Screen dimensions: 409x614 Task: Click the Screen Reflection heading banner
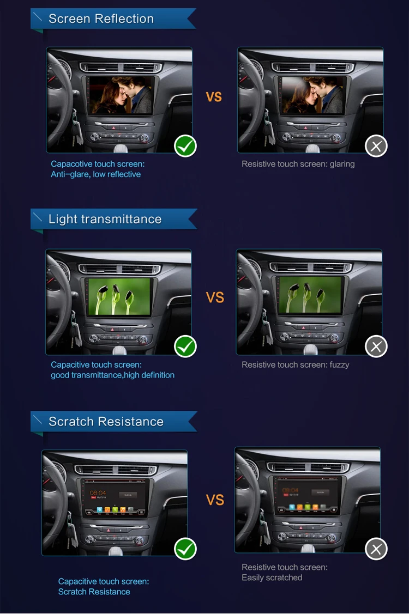(113, 19)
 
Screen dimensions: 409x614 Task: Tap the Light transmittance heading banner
(114, 219)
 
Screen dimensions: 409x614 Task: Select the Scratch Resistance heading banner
(114, 421)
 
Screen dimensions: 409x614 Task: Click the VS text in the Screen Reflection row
(214, 97)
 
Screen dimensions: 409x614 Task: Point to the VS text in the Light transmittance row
(215, 297)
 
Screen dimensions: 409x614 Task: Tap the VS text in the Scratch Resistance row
(215, 500)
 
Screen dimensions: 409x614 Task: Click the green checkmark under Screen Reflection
(185, 146)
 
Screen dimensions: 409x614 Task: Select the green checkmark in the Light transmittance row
(185, 346)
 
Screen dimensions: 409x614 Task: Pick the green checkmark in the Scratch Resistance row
(185, 549)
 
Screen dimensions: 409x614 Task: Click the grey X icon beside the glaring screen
(376, 146)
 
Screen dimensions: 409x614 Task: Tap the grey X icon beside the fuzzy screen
(376, 346)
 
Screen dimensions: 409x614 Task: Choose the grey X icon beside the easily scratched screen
(376, 549)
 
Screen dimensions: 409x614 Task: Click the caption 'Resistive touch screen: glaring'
(298, 164)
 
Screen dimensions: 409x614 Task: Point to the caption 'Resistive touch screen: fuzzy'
(295, 365)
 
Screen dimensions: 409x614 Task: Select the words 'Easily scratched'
(272, 577)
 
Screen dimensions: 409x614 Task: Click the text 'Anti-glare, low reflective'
(95, 174)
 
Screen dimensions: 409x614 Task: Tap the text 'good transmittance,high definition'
(112, 375)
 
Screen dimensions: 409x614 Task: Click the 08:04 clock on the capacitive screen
(98, 493)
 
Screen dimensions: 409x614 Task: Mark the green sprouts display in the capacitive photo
(119, 296)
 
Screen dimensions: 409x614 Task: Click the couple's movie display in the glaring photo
(312, 95)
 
